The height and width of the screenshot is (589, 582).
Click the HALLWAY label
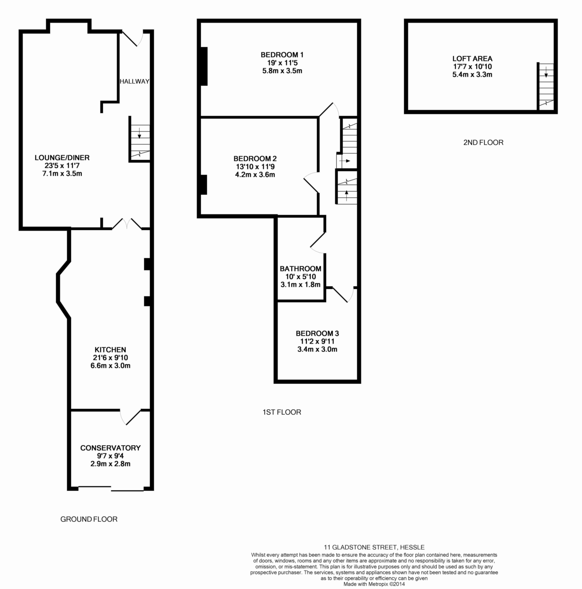pos(134,81)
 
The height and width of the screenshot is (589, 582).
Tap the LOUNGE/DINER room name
pos(62,158)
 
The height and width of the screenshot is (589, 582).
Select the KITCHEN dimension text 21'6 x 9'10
pos(110,358)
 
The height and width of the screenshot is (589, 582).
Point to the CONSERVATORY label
pos(110,448)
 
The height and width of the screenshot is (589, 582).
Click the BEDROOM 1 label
pos(282,54)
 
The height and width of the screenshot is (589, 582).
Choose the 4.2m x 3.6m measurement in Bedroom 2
pos(255,175)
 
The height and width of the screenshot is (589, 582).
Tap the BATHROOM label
pos(301,268)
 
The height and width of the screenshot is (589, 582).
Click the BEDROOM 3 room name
pos(317,333)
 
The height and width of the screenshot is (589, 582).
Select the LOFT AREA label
pos(472,58)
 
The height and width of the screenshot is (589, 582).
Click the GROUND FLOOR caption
pos(89,519)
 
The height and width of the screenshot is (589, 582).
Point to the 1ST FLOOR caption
pos(282,412)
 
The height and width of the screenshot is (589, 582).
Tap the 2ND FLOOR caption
pos(483,142)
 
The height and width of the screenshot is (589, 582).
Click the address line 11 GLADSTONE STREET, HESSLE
pos(374,547)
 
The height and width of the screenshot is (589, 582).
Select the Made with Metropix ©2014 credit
pos(374,584)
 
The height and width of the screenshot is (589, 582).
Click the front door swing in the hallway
pos(133,38)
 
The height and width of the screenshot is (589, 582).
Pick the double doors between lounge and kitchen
pos(127,223)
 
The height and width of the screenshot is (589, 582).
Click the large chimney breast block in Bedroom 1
pos(204,66)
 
